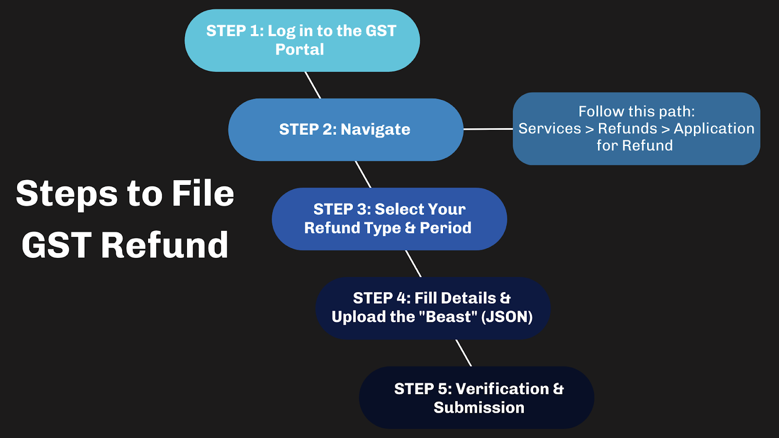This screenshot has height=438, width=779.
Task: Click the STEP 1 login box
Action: click(302, 40)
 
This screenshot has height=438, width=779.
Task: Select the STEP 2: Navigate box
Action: click(345, 129)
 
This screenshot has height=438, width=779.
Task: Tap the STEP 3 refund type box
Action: click(389, 219)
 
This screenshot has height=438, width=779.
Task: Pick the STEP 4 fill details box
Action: click(432, 308)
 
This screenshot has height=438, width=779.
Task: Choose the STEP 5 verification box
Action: click(476, 398)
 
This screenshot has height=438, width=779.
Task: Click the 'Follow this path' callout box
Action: click(636, 128)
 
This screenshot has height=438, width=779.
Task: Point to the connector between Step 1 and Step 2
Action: click(313, 85)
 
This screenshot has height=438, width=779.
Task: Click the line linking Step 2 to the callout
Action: click(488, 129)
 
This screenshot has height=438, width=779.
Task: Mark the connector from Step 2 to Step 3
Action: click(363, 174)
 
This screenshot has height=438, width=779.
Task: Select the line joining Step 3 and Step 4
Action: click(413, 264)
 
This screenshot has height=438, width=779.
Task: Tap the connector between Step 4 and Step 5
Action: click(464, 353)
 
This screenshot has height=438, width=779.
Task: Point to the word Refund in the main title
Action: click(165, 245)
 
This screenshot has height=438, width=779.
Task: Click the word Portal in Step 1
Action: click(299, 50)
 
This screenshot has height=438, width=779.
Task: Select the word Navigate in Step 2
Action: click(375, 129)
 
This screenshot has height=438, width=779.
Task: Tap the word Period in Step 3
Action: click(445, 228)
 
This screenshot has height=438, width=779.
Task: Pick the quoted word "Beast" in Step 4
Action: click(447, 317)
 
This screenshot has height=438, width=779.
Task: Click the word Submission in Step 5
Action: click(479, 407)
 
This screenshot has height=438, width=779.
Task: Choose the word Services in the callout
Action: click(550, 128)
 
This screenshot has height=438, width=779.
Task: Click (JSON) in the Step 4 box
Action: click(507, 317)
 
